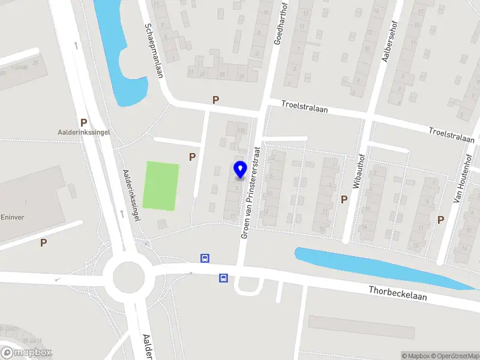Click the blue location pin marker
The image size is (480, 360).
[240, 169]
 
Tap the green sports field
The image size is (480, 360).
[161, 185]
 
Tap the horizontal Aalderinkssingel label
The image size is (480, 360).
[83, 132]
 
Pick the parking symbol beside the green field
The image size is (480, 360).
[193, 157]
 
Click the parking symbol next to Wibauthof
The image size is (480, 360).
[344, 199]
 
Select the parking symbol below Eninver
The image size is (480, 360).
[43, 242]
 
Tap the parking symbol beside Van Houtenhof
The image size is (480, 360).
[440, 220]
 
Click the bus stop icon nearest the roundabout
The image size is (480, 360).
[205, 259]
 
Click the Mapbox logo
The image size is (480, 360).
[26, 353]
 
